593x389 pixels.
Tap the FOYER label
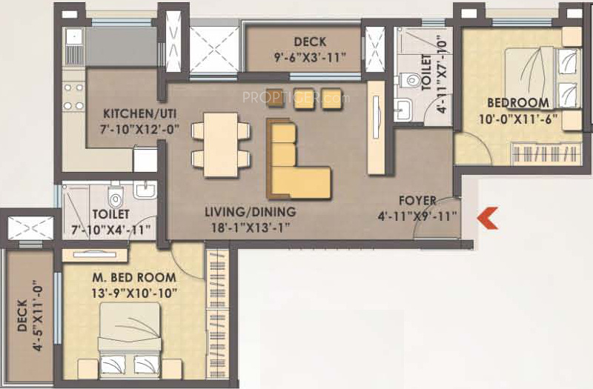[417, 201]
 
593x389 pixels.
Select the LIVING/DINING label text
[251, 212]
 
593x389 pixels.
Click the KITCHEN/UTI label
[140, 113]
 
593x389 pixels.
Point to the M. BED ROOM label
[134, 277]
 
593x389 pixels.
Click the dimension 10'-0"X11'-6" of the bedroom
[518, 119]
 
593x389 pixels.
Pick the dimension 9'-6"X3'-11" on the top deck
[310, 58]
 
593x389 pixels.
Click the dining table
[221, 144]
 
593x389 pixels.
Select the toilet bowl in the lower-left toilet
[116, 196]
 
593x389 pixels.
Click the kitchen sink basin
[74, 36]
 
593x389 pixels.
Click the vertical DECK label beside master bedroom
[22, 316]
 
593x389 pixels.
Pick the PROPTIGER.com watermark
[296, 98]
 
